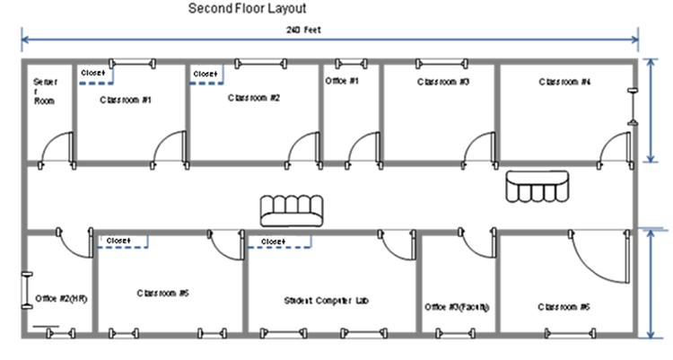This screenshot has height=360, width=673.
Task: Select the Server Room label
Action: (44, 91)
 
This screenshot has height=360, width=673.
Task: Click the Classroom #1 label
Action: (126, 101)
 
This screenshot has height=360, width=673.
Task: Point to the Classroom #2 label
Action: (254, 98)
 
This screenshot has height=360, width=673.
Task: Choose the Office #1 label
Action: (342, 81)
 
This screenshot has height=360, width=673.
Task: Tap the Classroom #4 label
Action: (564, 82)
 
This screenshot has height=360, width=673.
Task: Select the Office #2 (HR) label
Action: (60, 298)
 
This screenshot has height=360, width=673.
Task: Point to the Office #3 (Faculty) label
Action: (457, 306)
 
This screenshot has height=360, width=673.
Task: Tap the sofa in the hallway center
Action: (292, 212)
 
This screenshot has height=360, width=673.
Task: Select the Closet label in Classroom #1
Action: (92, 73)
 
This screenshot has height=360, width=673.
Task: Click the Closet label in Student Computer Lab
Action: (272, 241)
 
